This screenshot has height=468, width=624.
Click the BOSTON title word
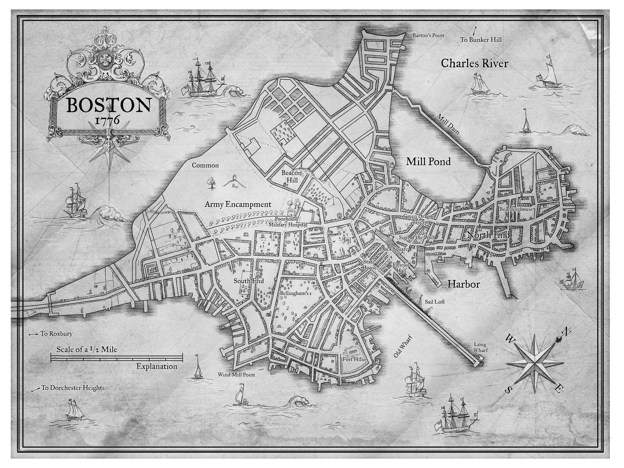coord(108,105)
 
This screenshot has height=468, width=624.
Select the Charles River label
coord(474,64)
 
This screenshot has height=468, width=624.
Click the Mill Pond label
coord(428,162)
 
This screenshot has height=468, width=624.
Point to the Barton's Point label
coord(428,35)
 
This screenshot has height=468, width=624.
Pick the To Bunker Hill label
coord(481,40)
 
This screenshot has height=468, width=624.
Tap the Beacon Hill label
coord(291,176)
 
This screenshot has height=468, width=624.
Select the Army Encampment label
coord(238,204)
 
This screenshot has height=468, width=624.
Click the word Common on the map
coord(205,165)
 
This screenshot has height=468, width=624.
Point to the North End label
coord(488,235)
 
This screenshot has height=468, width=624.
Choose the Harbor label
coord(463,284)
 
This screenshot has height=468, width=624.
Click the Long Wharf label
coord(480,347)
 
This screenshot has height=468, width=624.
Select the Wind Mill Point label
coord(236,375)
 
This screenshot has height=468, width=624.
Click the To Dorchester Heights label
coord(73,388)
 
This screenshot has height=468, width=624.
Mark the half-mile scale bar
coord(117,358)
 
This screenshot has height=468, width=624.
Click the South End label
coord(248,281)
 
